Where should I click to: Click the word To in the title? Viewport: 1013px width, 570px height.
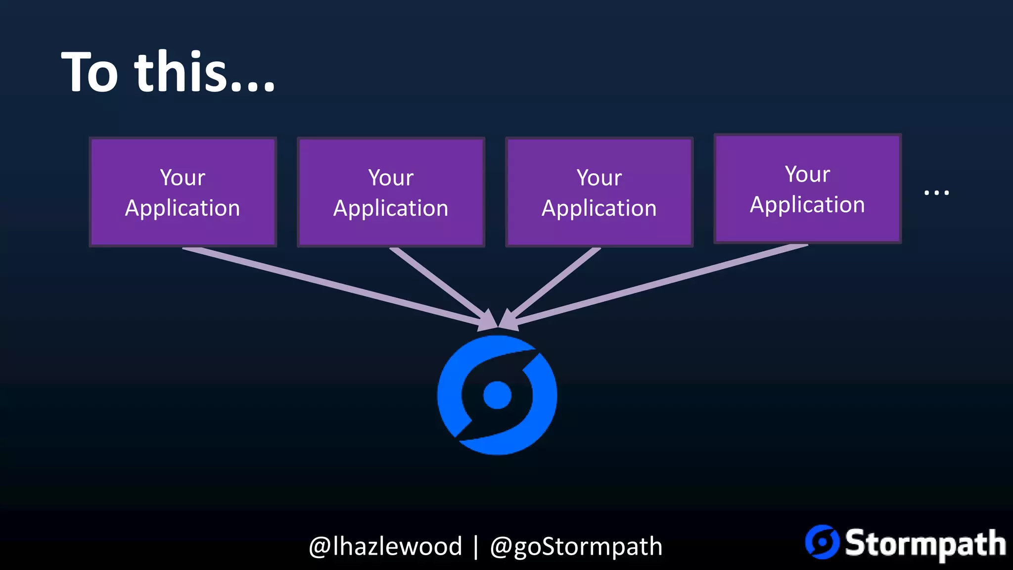coord(90,72)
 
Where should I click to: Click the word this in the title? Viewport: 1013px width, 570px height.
coord(181,72)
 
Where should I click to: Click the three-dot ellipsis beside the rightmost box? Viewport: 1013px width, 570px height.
coord(936,192)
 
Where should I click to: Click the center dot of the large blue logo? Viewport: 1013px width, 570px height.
coord(497,395)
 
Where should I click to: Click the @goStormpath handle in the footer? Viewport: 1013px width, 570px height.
coord(576,546)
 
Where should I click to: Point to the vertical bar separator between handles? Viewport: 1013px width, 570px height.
coord(476,546)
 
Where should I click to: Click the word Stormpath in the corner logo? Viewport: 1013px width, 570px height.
coord(925,543)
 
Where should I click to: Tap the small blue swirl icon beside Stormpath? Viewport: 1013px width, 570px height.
coord(822,542)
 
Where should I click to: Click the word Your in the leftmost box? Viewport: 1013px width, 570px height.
coord(183,177)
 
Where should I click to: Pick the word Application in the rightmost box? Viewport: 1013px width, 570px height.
coord(807,204)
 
